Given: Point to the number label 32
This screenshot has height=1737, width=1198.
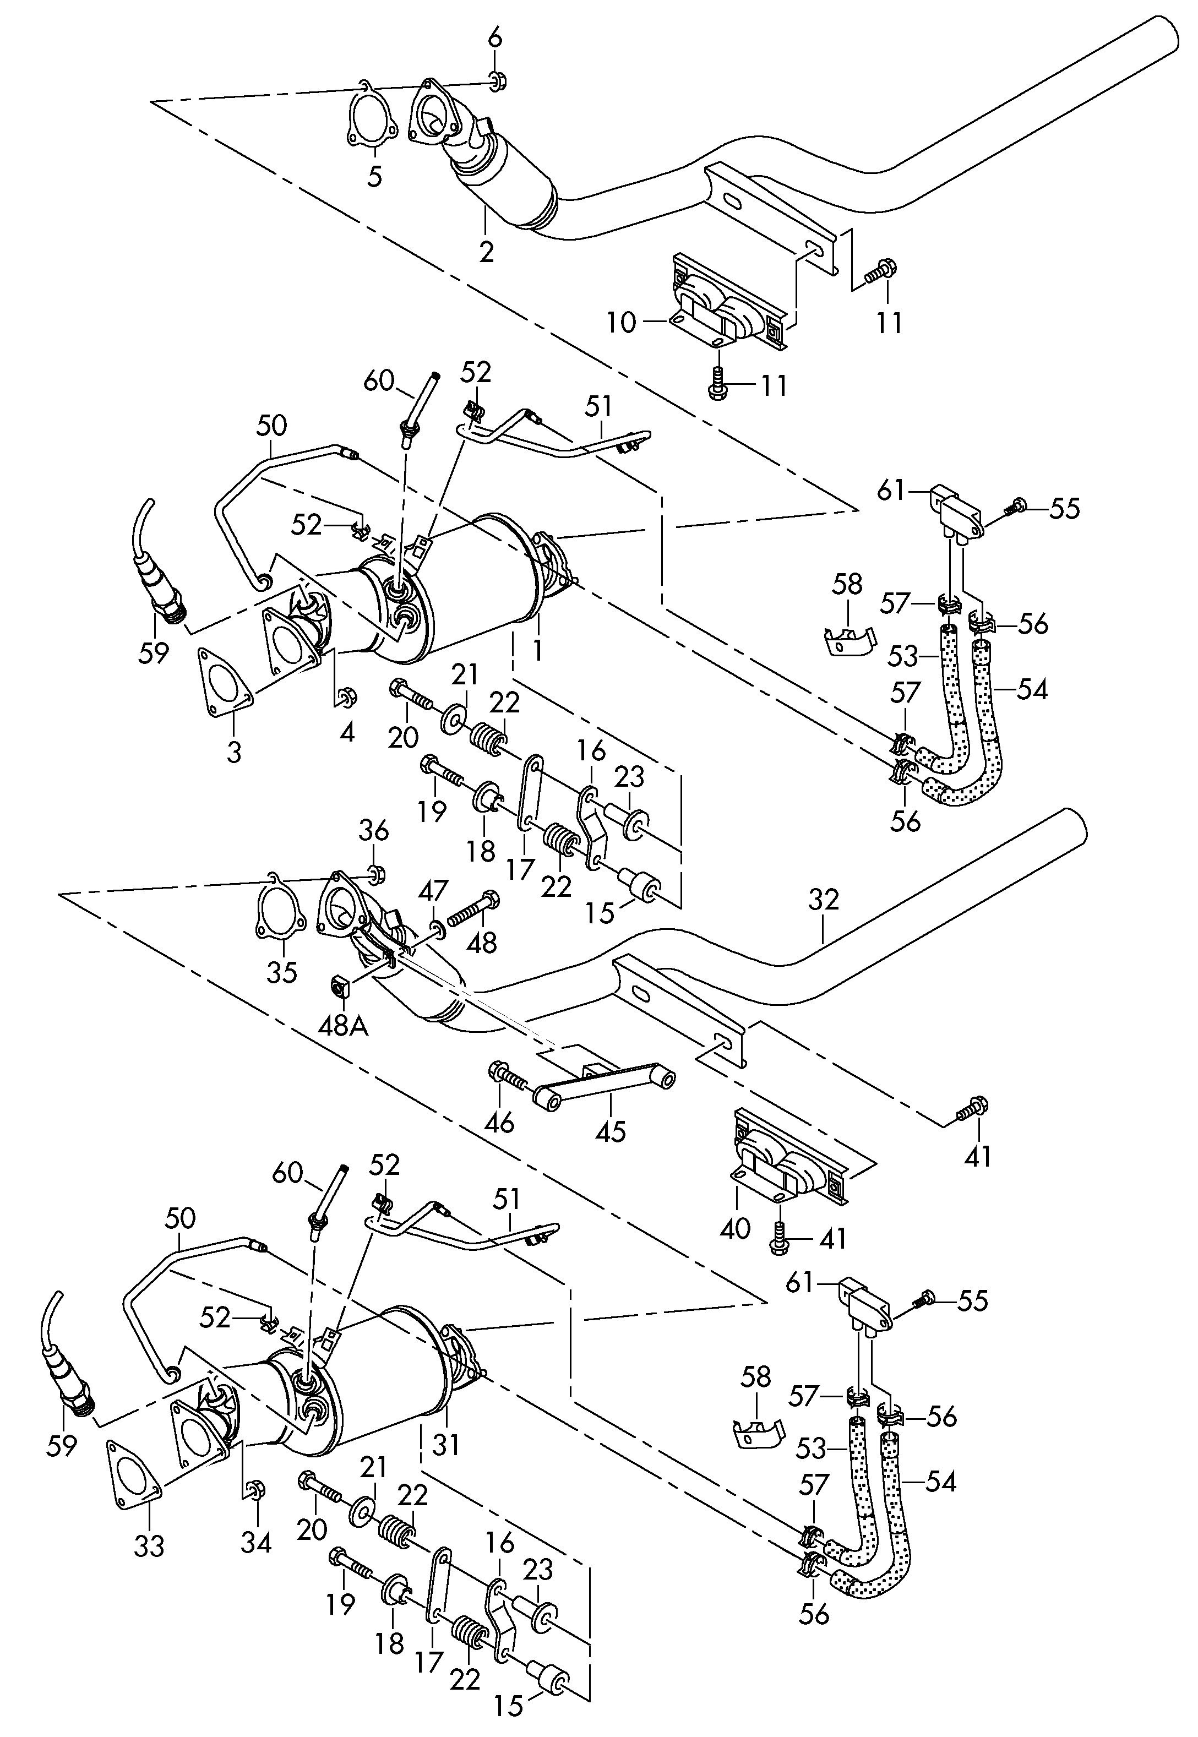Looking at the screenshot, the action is click(x=824, y=899).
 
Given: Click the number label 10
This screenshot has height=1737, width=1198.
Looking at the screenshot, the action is click(x=622, y=323).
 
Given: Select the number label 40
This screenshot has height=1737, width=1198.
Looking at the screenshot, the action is click(x=735, y=1229).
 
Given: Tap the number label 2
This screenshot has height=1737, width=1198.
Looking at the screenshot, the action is click(x=486, y=251).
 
